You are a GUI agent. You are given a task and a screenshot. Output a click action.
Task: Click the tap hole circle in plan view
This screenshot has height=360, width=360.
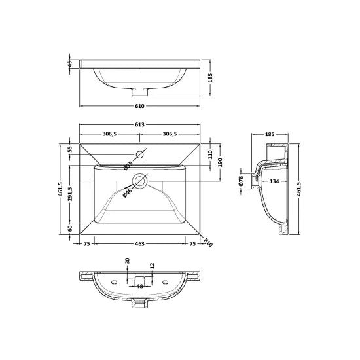pos(139,155)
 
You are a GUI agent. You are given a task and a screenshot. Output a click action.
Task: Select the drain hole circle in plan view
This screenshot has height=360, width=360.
pos(139,181)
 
